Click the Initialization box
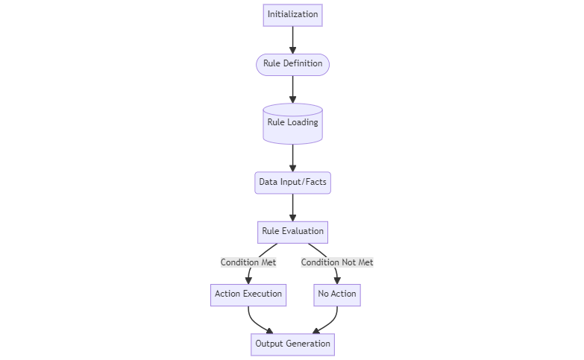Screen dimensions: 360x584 292,15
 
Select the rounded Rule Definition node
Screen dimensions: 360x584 292,64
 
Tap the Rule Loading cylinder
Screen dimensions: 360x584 292,123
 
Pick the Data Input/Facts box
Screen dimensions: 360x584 292,183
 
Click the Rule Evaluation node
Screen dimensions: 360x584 292,232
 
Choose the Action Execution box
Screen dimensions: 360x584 248,294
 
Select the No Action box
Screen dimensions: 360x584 337,294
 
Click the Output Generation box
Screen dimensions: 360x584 292,344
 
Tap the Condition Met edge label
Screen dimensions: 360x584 248,262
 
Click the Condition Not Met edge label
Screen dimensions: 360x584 337,262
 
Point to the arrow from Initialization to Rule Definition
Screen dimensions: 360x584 292,40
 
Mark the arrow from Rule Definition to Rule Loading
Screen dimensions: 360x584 292,89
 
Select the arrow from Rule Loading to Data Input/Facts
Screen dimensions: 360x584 292,157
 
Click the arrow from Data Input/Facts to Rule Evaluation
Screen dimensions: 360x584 292,207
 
